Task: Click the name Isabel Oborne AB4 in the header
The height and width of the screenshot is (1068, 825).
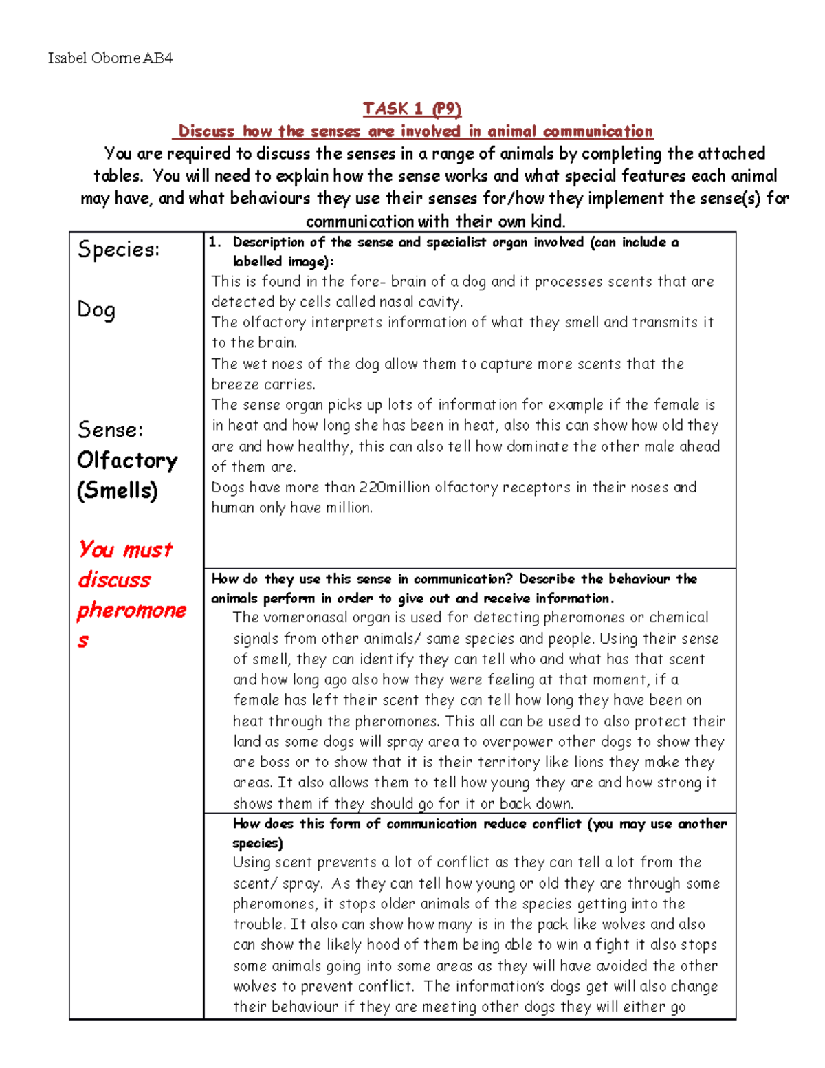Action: pyautogui.click(x=110, y=58)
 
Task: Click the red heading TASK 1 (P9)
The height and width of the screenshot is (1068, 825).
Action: pyautogui.click(x=412, y=109)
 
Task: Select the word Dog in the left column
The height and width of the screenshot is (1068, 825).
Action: pyautogui.click(x=96, y=310)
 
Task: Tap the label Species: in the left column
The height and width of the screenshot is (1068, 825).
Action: pyautogui.click(x=118, y=249)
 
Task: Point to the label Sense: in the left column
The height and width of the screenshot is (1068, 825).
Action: pyautogui.click(x=111, y=430)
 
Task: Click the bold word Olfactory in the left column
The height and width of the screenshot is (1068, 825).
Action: pyautogui.click(x=127, y=460)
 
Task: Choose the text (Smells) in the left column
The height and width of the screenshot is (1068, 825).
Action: pyautogui.click(x=118, y=490)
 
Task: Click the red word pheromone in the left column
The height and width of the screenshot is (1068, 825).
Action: pyautogui.click(x=131, y=610)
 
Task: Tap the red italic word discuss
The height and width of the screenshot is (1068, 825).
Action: pyautogui.click(x=114, y=580)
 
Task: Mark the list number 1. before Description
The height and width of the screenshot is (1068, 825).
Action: pyautogui.click(x=215, y=242)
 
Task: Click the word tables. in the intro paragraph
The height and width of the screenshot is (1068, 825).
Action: pyautogui.click(x=118, y=176)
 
